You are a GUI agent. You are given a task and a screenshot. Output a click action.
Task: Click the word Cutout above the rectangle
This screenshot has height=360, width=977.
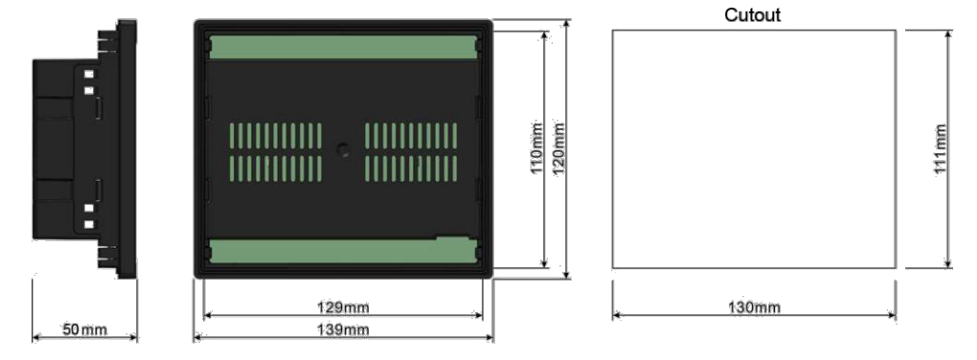(x=752, y=15)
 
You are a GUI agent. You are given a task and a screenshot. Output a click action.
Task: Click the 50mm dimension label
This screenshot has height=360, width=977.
(x=84, y=328)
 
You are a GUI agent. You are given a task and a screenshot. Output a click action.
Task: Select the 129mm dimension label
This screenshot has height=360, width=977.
(x=343, y=307)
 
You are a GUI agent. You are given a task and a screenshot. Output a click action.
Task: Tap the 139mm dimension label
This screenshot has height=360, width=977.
(x=343, y=328)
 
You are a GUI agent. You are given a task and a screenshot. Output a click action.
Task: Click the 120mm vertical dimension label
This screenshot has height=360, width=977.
(x=559, y=148)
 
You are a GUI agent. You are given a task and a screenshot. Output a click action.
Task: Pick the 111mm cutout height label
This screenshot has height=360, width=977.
(x=941, y=149)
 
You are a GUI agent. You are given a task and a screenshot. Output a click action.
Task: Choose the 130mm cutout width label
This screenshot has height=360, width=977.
(x=754, y=307)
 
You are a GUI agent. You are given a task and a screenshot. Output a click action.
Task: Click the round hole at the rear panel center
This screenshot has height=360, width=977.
(x=343, y=149)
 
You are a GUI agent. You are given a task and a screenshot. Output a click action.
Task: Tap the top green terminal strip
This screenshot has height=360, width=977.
(x=343, y=47)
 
